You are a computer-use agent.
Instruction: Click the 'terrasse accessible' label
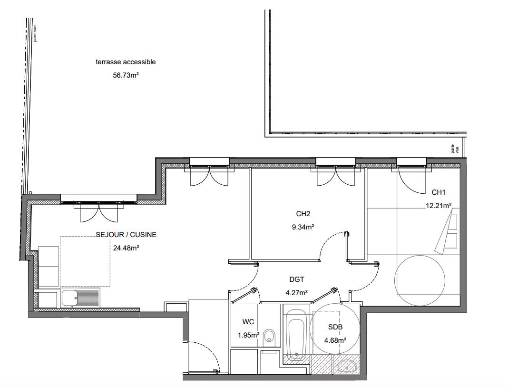(x=126, y=62)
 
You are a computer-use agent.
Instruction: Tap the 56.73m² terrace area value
(x=126, y=75)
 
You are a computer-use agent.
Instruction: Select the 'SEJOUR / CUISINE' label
(x=126, y=235)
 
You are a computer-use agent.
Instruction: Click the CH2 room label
(x=303, y=214)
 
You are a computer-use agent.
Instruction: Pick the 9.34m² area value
(x=303, y=227)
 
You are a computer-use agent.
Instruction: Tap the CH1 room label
(x=439, y=192)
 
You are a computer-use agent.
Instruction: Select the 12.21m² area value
(x=439, y=206)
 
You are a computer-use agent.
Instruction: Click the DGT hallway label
(x=296, y=279)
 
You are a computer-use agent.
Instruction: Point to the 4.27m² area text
(x=296, y=292)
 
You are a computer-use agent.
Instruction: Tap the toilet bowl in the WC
(x=269, y=336)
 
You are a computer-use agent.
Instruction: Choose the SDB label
(x=335, y=328)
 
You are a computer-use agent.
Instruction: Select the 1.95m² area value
(x=248, y=335)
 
